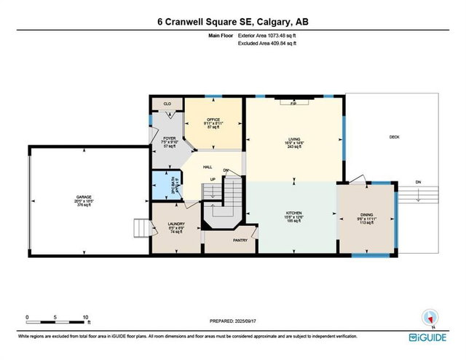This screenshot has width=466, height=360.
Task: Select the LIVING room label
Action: pyautogui.click(x=295, y=140)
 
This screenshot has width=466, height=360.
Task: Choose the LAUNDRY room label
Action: pyautogui.click(x=175, y=224)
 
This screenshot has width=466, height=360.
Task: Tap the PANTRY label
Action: pyautogui.click(x=240, y=240)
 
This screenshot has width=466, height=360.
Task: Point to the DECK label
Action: pyautogui.click(x=394, y=137)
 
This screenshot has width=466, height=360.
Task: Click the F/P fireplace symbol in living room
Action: pyautogui.click(x=293, y=104)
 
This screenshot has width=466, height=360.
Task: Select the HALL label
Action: pyautogui.click(x=208, y=166)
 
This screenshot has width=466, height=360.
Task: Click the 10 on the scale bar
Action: pyautogui.click(x=86, y=318)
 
